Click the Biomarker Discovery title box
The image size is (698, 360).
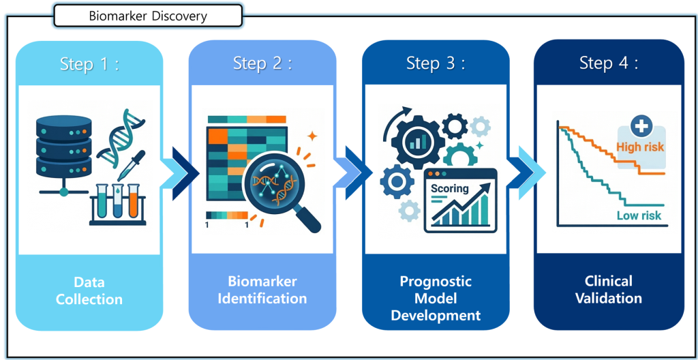(147, 16)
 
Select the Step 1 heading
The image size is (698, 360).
(89, 64)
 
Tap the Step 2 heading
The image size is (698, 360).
(262, 64)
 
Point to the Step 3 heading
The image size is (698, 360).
(436, 64)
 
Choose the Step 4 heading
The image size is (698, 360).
(609, 64)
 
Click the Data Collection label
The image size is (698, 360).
(89, 290)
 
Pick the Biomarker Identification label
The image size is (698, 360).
(262, 290)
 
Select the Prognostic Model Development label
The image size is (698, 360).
(436, 298)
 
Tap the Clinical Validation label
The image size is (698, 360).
(609, 289)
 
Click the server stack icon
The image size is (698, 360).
(63, 146)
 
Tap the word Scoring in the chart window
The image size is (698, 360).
(449, 188)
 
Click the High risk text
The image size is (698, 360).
(639, 147)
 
